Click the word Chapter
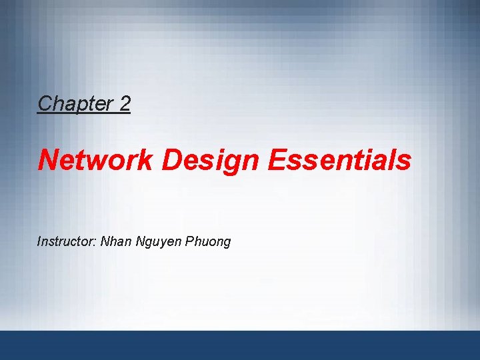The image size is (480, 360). [x=74, y=103]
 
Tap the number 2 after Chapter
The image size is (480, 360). [x=125, y=103]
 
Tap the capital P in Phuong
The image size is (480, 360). [x=190, y=241]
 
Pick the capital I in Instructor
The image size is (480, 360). [x=39, y=241]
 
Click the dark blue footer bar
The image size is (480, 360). [x=240, y=345]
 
